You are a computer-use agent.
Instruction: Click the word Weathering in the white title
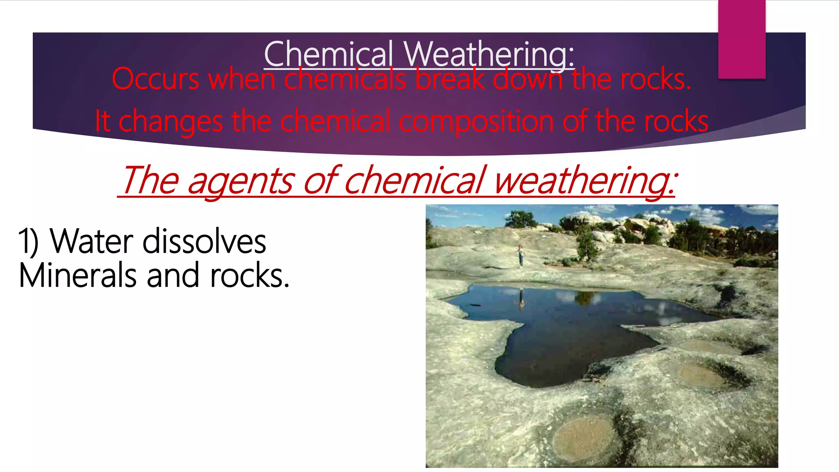pos(489,54)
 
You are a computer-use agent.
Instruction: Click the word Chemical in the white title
pos(329,54)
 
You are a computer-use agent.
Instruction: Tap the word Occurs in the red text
pos(156,79)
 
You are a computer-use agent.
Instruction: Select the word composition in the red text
pos(477,121)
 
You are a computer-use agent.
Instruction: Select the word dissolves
pos(204,242)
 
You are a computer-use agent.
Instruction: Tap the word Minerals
pos(77,276)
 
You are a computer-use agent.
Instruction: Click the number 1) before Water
pos(29,242)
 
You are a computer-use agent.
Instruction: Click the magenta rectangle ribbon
pos(741,39)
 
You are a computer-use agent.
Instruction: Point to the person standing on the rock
pos(521,256)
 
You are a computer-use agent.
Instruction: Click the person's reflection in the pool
pos(522,299)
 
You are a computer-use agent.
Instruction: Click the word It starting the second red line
pos(102,121)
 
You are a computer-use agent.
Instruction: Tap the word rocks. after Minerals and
pos(249,276)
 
